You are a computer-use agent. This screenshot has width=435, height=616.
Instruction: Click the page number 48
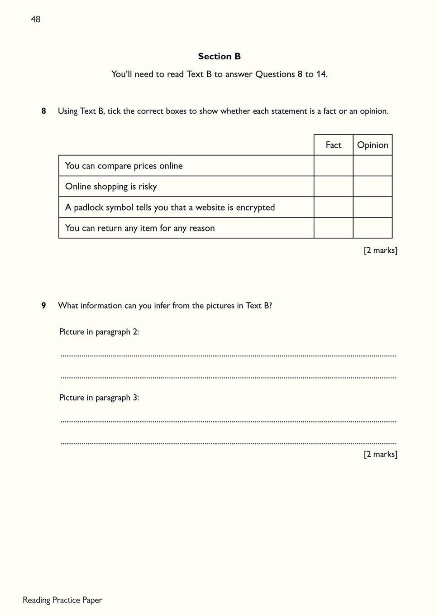[35, 19]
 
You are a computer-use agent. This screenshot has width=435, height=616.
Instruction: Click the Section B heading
[219, 56]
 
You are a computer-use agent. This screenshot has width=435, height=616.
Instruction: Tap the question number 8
[43, 111]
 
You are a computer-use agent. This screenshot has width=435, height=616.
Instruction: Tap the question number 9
[43, 306]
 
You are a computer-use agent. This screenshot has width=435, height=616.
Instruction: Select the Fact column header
[333, 145]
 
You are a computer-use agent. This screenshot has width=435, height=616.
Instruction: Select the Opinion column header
[373, 145]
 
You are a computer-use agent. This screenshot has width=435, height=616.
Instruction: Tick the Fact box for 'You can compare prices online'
[333, 166]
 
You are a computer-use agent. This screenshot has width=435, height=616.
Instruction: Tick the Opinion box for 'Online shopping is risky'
[373, 187]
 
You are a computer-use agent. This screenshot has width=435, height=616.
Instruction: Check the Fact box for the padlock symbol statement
[333, 207]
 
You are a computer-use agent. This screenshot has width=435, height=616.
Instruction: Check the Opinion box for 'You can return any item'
[373, 228]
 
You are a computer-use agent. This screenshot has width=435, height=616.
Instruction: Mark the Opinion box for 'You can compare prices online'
[373, 166]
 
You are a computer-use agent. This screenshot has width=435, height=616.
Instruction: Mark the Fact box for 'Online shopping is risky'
[333, 187]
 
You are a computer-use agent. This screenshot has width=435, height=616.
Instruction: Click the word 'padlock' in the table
[89, 207]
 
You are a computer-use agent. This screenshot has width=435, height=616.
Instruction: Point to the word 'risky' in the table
[148, 187]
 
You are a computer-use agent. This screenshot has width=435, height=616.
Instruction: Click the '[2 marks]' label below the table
[380, 250]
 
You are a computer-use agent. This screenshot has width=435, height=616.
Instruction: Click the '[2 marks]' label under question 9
[380, 454]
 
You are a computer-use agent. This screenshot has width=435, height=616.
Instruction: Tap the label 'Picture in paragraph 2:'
[99, 332]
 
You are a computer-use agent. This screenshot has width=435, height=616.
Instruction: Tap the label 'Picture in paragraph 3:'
[99, 398]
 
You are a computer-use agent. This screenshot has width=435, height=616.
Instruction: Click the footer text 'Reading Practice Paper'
[62, 600]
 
